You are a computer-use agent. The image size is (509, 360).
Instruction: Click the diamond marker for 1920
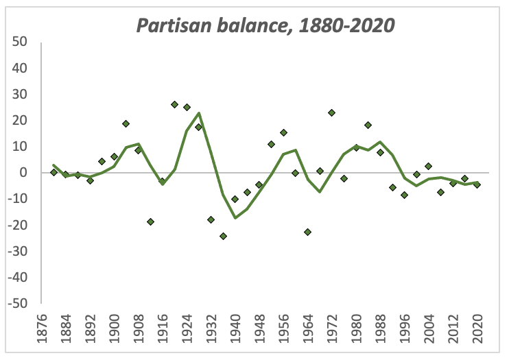click(175, 104)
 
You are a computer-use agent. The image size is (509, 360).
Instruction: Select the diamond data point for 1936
click(223, 236)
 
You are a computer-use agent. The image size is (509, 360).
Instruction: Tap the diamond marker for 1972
click(331, 112)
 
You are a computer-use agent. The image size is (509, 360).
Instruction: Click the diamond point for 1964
click(307, 232)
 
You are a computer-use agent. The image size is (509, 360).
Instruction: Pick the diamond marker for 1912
click(150, 221)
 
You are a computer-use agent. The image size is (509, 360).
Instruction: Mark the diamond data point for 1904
click(126, 123)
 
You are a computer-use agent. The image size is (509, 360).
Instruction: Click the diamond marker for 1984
click(368, 125)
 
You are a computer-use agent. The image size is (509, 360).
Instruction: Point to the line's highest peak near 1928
click(199, 113)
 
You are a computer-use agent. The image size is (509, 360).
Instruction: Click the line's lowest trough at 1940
click(235, 217)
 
